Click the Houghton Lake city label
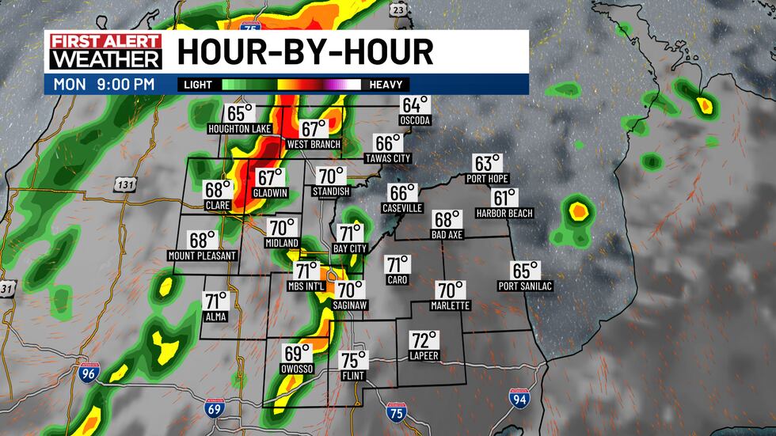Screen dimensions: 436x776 tap(239, 128)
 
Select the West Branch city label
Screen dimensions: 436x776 tap(314, 144)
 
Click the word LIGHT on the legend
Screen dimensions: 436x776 tap(198, 84)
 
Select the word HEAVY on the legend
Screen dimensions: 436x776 tap(385, 84)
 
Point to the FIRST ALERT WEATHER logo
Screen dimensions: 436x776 tap(105, 51)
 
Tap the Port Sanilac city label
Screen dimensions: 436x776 tap(525, 286)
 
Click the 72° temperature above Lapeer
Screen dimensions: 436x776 tap(424, 341)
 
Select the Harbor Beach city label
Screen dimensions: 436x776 tap(504, 213)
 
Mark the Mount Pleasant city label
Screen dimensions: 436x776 tap(202, 256)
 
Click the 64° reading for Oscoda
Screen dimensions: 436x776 tap(415, 105)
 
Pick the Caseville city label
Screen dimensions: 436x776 tap(403, 208)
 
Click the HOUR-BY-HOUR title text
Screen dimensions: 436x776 tap(305, 51)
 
